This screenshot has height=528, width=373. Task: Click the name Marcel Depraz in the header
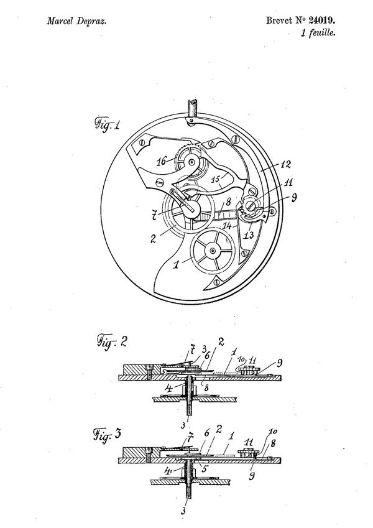(76, 22)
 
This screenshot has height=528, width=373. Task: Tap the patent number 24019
(322, 21)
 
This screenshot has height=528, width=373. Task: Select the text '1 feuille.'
(318, 33)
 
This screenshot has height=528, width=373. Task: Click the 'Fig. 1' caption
(106, 124)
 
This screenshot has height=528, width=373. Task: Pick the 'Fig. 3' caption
(106, 435)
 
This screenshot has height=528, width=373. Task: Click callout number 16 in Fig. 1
(162, 161)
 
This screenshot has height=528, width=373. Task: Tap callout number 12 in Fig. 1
(285, 165)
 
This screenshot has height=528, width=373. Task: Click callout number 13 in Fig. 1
(249, 234)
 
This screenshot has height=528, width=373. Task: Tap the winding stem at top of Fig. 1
(192, 108)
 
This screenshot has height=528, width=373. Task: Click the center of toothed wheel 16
(191, 162)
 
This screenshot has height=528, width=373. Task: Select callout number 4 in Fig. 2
(168, 389)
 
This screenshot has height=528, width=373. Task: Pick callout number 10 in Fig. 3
(273, 432)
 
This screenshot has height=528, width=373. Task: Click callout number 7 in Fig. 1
(154, 215)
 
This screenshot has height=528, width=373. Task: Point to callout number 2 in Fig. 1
(153, 239)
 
